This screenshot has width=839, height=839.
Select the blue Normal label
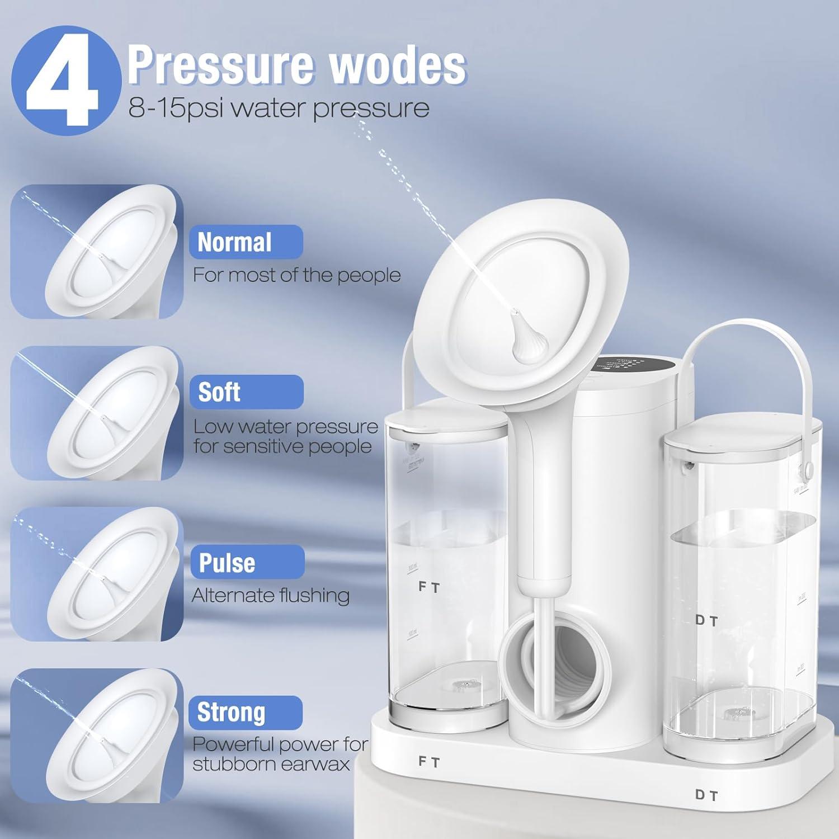tap(246, 242)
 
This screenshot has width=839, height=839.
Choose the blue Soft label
tap(246, 392)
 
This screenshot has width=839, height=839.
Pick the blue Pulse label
tap(247, 562)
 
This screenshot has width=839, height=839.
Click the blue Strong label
tap(246, 712)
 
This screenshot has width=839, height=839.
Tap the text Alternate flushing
tap(271, 596)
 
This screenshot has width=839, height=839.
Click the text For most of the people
tap(296, 275)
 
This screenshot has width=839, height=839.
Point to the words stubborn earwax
tap(271, 764)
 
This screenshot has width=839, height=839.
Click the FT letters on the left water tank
tap(429, 587)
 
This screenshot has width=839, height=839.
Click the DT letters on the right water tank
tap(706, 620)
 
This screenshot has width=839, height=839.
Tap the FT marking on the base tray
tap(429, 762)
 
